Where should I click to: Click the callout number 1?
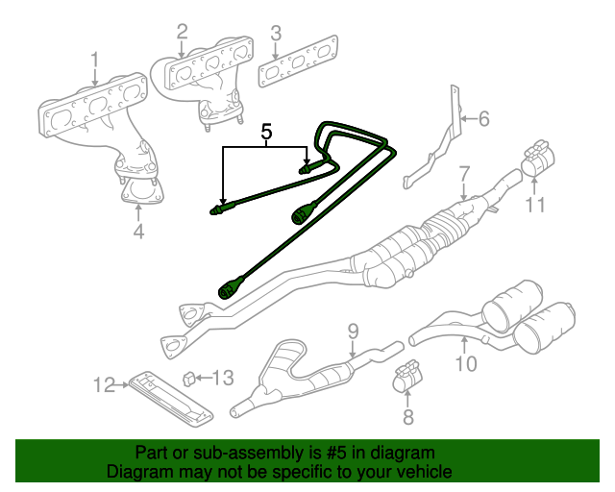[95, 64]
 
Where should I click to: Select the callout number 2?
[182, 35]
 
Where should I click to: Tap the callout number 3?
[276, 37]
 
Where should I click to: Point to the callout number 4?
[138, 231]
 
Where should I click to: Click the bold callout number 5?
[267, 133]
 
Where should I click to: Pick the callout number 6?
[483, 119]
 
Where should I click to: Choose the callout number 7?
[463, 174]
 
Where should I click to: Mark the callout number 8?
[406, 417]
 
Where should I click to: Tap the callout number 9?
[353, 331]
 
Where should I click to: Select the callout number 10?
[465, 363]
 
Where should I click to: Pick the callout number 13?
[222, 378]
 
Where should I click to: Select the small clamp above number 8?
[407, 376]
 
